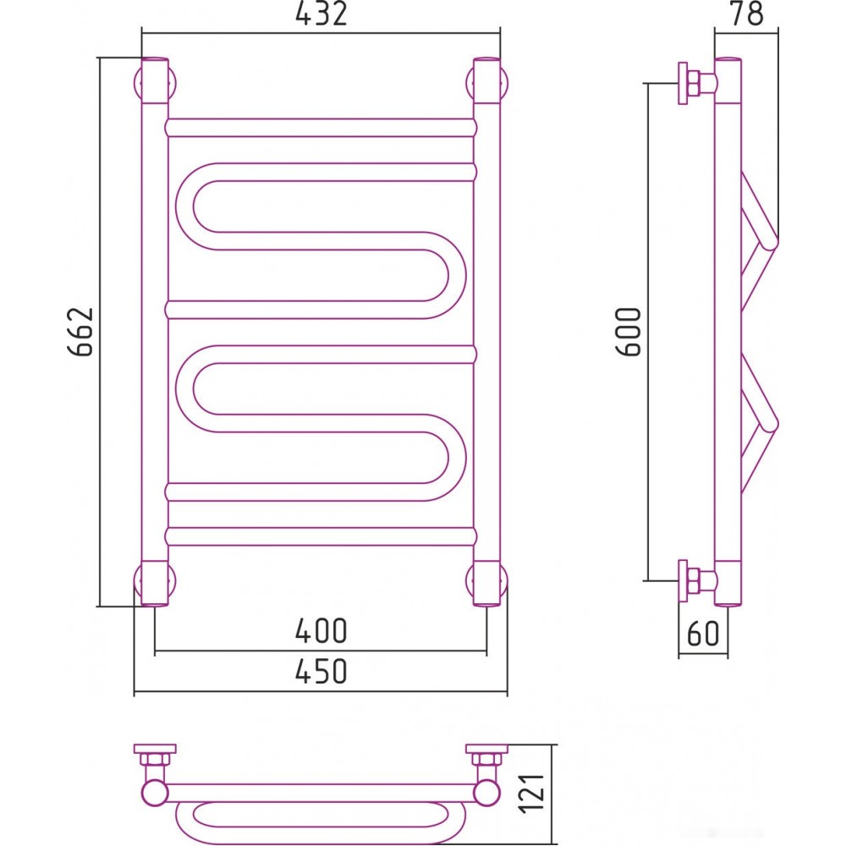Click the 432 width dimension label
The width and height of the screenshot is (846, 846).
321,14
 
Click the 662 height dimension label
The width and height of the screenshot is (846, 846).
81,332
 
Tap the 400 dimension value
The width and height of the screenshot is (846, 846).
321,630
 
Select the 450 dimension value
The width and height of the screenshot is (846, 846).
321,671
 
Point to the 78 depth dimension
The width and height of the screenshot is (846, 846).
747,14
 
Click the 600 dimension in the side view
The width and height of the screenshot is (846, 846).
629,332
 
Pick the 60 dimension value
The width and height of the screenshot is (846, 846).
703,634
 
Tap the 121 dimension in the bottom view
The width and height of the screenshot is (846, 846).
531,793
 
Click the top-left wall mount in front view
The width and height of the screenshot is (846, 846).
155,81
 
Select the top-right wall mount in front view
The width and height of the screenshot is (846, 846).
487,81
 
